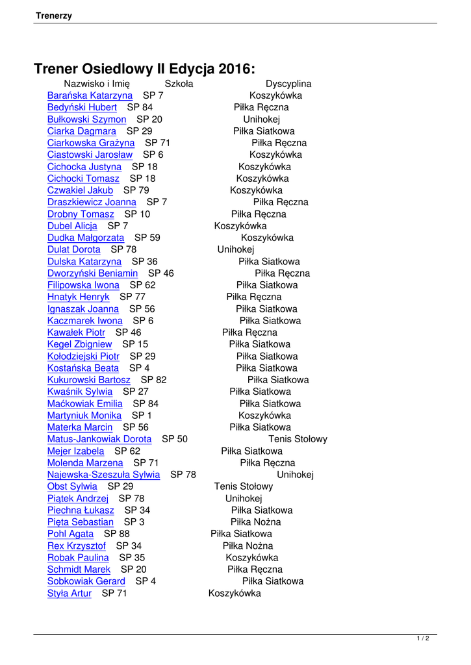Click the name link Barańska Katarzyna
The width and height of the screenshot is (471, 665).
pyautogui.click(x=90, y=95)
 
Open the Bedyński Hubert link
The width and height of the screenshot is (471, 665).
pyautogui.click(x=82, y=107)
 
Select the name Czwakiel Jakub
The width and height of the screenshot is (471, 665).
pyautogui.click(x=80, y=190)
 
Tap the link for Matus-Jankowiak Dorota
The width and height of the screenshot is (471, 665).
pyautogui.click(x=99, y=439)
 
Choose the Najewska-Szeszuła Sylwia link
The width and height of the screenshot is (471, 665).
pyautogui.click(x=103, y=475)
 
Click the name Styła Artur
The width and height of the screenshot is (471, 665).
pyautogui.click(x=70, y=593)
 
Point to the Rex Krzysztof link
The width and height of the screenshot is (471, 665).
pyautogui.click(x=76, y=546)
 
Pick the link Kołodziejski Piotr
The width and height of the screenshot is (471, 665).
pyautogui.click(x=83, y=356)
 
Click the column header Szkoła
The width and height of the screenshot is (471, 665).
pyautogui.click(x=179, y=84)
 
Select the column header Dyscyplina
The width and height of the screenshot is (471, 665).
pyautogui.click(x=288, y=84)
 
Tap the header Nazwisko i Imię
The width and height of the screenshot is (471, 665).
pyautogui.click(x=97, y=84)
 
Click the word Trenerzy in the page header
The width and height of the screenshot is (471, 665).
pyautogui.click(x=54, y=16)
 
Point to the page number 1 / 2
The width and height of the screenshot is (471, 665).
pyautogui.click(x=423, y=638)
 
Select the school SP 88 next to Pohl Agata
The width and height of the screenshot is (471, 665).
pyautogui.click(x=117, y=534)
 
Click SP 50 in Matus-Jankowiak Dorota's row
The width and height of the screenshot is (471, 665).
pyautogui.click(x=175, y=439)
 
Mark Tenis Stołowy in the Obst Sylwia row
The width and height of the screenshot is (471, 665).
pyautogui.click(x=244, y=486)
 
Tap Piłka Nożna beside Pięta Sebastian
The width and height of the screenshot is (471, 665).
pyautogui.click(x=256, y=522)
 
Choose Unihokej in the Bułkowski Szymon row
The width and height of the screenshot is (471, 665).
pyautogui.click(x=262, y=119)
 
